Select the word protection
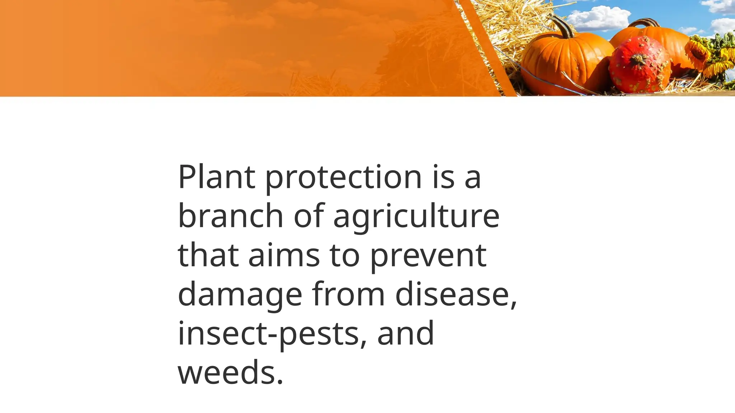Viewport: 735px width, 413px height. (343, 177)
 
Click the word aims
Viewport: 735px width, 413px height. (284, 255)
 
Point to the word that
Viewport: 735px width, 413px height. (208, 255)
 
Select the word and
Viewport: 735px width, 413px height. (406, 333)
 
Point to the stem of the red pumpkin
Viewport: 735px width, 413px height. (638, 59)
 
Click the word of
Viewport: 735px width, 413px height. (309, 216)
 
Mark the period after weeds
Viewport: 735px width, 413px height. (280, 382)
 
